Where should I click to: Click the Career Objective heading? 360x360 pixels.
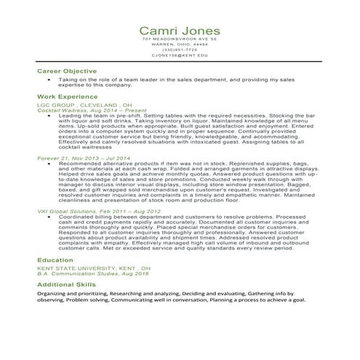pyautogui.click(x=66, y=71)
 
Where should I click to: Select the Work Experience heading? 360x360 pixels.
pyautogui.click(x=68, y=97)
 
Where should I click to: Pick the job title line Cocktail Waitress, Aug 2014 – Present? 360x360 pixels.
pyautogui.click(x=90, y=110)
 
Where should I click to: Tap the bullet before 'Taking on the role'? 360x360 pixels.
pyautogui.click(x=47, y=79)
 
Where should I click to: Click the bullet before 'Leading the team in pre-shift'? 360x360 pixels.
pyautogui.click(x=47, y=115)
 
